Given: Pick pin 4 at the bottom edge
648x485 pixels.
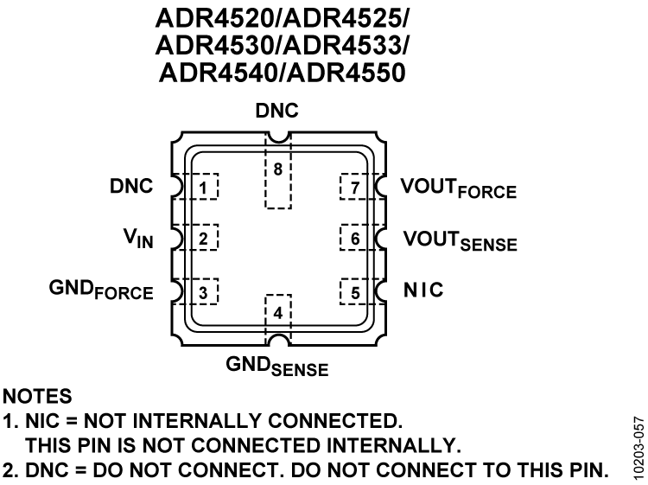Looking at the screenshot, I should coord(277,311).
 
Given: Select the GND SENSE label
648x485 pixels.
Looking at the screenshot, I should coord(277,366).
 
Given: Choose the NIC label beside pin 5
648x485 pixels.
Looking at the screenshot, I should coord(423,290).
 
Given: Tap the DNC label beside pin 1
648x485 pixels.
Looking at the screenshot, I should coord(131,186).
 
